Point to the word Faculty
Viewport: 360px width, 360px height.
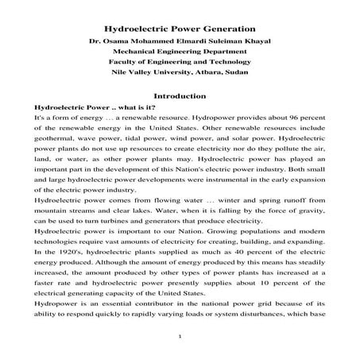130,69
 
